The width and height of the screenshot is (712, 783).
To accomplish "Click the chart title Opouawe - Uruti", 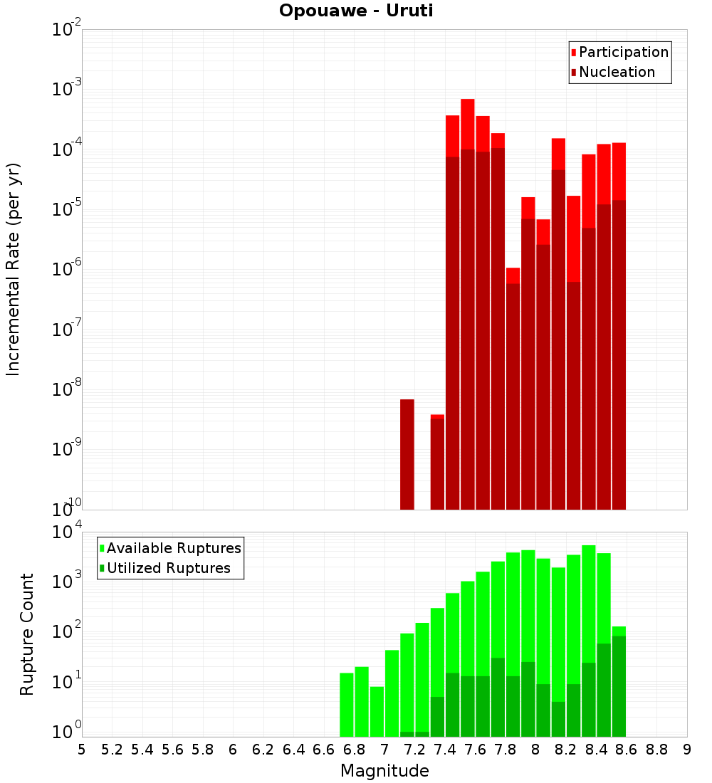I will [355, 11].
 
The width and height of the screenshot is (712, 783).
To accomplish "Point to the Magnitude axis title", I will [384, 771].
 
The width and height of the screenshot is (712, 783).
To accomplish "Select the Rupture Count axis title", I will [27, 634].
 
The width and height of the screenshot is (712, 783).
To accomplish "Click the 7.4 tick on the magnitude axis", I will [445, 750].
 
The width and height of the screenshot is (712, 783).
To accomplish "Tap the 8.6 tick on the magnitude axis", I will [627, 750].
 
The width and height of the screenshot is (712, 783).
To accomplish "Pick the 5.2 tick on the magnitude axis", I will [112, 750].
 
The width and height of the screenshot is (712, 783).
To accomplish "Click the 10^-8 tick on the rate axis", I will [66, 389].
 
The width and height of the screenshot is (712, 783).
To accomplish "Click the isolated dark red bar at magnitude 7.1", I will [407, 456].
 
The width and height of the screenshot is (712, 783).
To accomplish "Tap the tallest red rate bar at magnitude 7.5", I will [468, 299].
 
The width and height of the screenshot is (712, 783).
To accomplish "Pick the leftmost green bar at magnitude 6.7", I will [347, 705].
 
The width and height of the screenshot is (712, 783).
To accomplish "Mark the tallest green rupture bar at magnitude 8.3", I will [589, 641].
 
